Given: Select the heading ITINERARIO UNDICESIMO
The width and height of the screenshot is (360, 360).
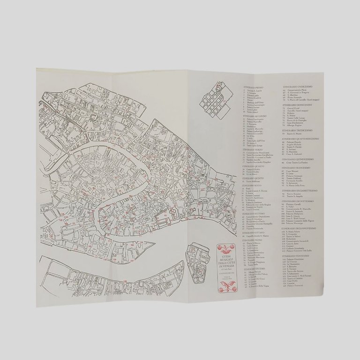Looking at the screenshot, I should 297,87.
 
